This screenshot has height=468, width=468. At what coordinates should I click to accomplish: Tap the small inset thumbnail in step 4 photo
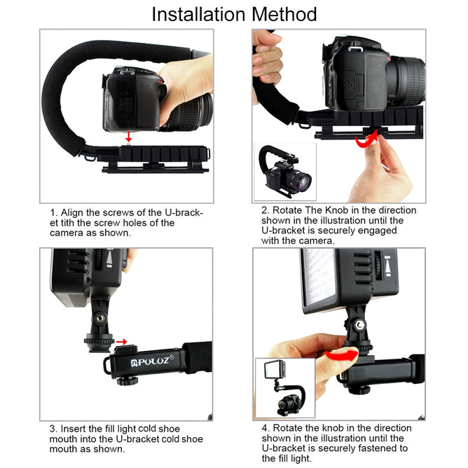point(284,387)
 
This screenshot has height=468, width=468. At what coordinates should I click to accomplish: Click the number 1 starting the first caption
point(53,212)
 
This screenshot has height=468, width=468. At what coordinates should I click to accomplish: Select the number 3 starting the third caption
point(53,428)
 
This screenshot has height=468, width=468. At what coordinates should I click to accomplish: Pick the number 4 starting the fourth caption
point(265,428)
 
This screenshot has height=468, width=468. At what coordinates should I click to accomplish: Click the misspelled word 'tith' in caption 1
point(73,223)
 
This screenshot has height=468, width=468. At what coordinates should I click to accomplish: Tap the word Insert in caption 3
point(74,428)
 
